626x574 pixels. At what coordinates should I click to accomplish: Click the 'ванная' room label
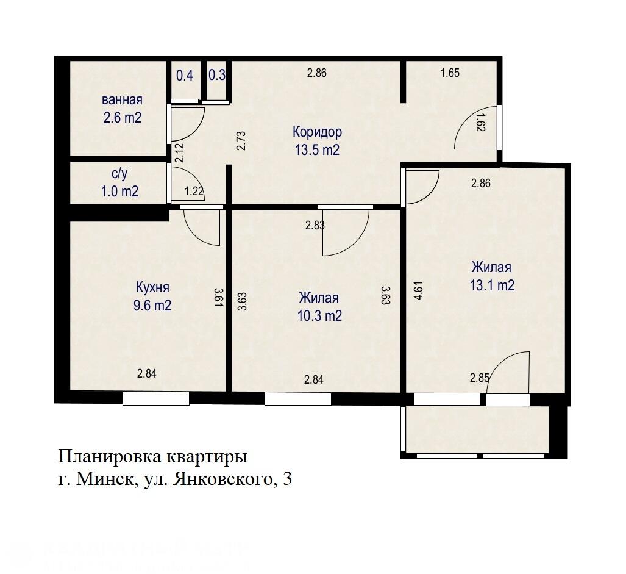click(x=122, y=100)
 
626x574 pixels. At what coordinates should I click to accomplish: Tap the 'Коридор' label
click(x=317, y=132)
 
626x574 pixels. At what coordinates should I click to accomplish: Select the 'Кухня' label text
click(x=152, y=287)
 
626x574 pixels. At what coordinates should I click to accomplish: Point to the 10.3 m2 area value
click(x=319, y=316)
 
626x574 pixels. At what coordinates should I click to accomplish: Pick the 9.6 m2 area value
click(x=152, y=306)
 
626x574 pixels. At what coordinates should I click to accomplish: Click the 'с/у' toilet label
click(x=119, y=174)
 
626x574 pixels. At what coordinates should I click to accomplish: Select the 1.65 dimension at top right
click(x=450, y=73)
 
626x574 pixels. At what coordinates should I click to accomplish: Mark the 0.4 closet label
click(x=185, y=76)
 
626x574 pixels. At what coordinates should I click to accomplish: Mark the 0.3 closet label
click(x=217, y=76)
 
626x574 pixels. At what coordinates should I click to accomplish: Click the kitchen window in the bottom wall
click(x=156, y=399)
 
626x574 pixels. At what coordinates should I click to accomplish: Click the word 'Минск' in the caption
click(x=107, y=480)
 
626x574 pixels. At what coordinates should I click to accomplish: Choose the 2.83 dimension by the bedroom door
click(x=315, y=225)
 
